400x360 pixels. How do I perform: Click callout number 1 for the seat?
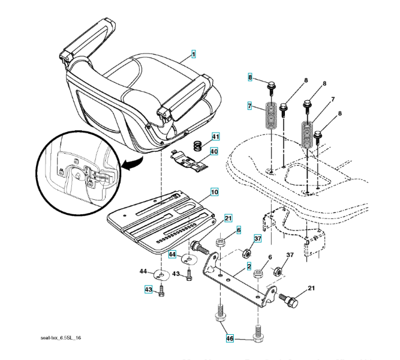194,55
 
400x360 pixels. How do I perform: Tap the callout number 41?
214,138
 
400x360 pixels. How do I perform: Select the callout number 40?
214,151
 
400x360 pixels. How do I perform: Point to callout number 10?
214,193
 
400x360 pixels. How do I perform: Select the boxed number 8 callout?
251,77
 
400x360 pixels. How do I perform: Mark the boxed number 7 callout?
249,106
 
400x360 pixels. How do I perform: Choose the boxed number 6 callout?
238,230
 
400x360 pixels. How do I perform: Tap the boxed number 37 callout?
257,239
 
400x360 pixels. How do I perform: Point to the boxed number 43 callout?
148,290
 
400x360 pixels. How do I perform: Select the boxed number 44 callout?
172,255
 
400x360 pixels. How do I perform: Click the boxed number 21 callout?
228,217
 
